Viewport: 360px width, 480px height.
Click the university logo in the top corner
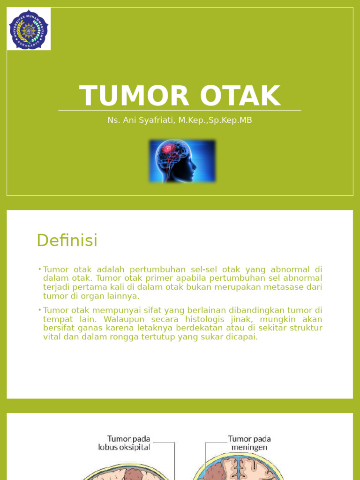[29, 29]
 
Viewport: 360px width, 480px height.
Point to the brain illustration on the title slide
[182, 161]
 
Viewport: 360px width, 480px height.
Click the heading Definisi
[67, 240]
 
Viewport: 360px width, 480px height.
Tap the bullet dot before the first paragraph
[40, 269]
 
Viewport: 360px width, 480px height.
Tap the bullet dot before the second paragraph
[40, 310]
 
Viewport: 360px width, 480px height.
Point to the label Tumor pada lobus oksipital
[124, 443]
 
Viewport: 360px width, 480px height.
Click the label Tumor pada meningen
[249, 443]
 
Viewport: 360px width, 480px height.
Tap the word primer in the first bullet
[162, 278]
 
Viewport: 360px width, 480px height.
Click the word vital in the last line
[52, 337]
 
